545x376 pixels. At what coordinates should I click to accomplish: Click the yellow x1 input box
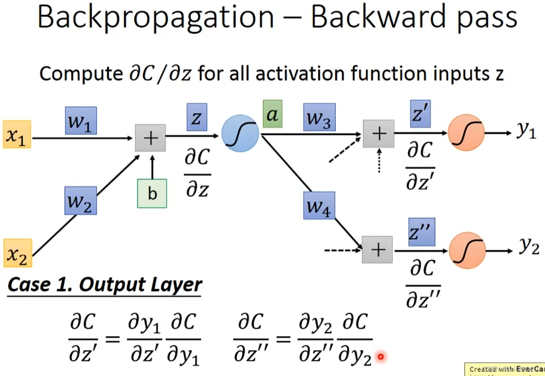(x=17, y=134)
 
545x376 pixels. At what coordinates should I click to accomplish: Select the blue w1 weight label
(x=81, y=120)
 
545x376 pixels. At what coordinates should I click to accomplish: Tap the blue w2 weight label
(x=80, y=200)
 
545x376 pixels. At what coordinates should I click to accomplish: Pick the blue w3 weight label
(x=319, y=117)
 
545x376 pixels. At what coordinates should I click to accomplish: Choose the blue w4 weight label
(x=319, y=205)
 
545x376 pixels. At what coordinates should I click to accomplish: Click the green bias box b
(x=152, y=193)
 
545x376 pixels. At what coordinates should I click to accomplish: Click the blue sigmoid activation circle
(x=240, y=134)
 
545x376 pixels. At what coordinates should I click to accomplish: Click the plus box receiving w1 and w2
(x=150, y=137)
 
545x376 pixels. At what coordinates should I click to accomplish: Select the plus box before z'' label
(x=377, y=250)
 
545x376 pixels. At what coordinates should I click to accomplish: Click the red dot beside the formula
(x=381, y=357)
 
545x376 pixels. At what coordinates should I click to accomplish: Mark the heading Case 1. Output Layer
(x=105, y=285)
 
